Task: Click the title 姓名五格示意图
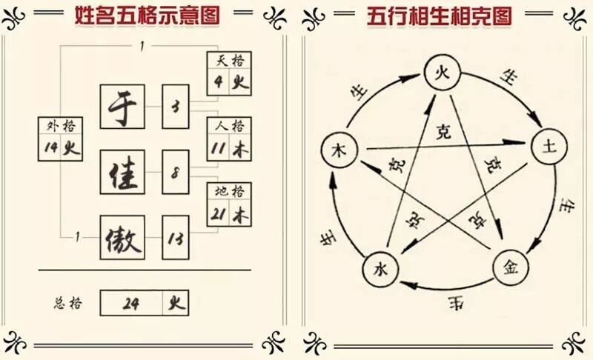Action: click(148, 16)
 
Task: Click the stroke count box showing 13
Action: click(176, 238)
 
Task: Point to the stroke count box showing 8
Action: click(176, 175)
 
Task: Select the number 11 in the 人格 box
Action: click(219, 148)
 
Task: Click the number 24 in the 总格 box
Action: click(133, 303)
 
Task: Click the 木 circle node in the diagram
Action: click(339, 151)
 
